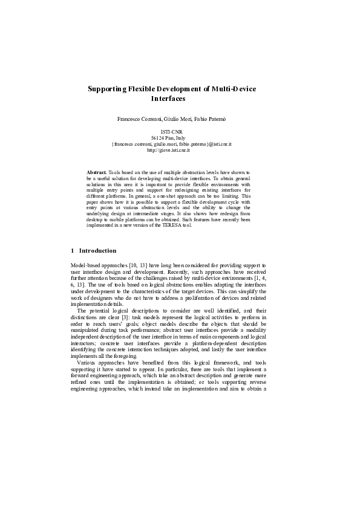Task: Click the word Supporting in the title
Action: (107, 89)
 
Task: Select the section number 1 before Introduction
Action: (73, 251)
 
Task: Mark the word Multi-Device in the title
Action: (234, 89)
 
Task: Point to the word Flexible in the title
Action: (140, 89)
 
